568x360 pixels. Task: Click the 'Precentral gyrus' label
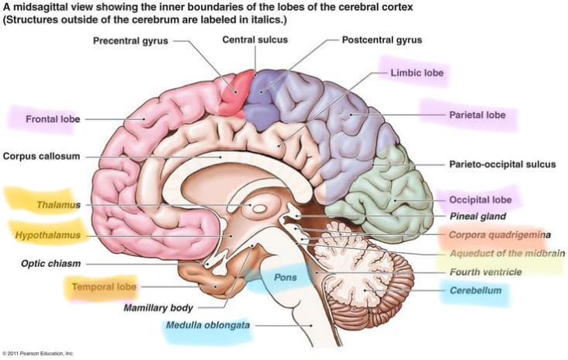tap(130, 41)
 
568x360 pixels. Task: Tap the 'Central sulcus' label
tap(255, 40)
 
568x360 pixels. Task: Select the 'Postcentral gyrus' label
tap(382, 40)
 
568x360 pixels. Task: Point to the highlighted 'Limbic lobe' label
tap(417, 73)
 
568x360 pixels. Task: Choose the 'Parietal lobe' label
tap(477, 115)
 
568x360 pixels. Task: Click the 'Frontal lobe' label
tap(53, 119)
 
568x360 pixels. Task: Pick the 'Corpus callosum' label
tap(41, 156)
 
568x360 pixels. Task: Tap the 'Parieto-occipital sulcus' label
tap(503, 164)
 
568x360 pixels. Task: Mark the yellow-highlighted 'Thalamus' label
tap(58, 205)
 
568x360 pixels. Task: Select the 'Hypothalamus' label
tap(47, 235)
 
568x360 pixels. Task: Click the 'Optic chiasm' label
tap(50, 263)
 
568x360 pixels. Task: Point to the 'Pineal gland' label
tap(477, 216)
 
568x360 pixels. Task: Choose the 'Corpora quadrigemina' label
tap(500, 235)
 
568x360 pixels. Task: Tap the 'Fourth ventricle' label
tap(486, 272)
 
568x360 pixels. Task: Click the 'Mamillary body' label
tap(158, 308)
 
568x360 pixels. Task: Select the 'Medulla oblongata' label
tap(208, 325)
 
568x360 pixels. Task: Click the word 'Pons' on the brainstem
tap(285, 278)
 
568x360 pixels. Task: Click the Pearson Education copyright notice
tap(38, 353)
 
